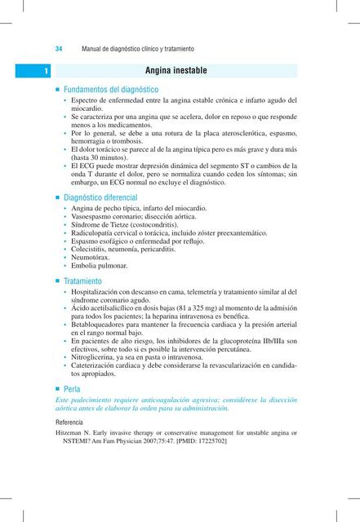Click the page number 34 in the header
[59, 48]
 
